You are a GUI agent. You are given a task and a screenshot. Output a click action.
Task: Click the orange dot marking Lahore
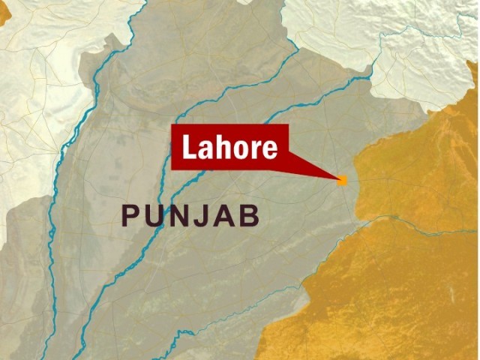pos(343,180)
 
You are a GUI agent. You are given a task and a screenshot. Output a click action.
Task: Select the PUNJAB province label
pos(191,216)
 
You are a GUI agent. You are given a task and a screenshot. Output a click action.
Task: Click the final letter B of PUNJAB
pos(250,216)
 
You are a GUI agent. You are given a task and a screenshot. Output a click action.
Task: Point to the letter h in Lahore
pos(226,147)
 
